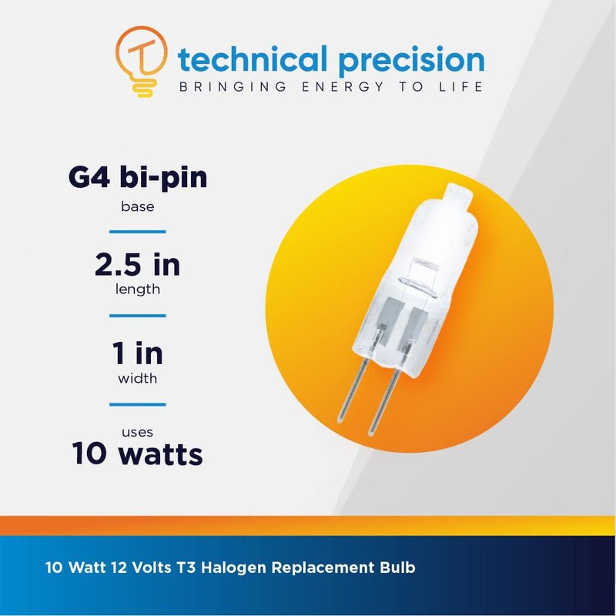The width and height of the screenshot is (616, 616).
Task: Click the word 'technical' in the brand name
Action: coord(253,59)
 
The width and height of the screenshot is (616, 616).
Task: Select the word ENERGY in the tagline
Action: coord(343,86)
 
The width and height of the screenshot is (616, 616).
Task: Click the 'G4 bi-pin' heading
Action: coord(138,179)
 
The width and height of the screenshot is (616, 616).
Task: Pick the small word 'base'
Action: coord(138,206)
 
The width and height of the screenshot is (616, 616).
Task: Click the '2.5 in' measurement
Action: coord(138,265)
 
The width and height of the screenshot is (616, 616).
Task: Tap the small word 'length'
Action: coord(138,290)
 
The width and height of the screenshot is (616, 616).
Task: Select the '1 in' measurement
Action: coord(138,353)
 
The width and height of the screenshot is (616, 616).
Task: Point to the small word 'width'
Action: coord(138,378)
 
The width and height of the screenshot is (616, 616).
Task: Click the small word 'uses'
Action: coord(138,433)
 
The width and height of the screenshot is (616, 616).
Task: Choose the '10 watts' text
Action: coord(138,454)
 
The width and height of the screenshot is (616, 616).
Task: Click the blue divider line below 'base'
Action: coord(138,232)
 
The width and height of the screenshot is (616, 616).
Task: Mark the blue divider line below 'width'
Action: coord(138,404)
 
